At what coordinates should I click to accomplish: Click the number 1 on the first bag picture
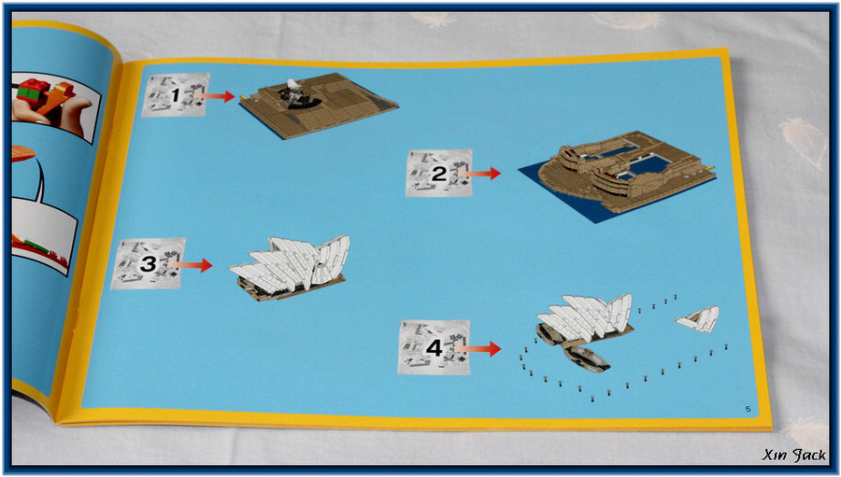click(x=176, y=95)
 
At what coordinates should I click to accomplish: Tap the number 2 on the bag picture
click(x=439, y=174)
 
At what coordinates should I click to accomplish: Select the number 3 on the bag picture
click(x=148, y=263)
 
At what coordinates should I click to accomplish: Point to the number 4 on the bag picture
click(x=434, y=348)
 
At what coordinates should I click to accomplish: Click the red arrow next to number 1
click(x=214, y=96)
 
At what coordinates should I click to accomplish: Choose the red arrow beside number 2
click(x=479, y=174)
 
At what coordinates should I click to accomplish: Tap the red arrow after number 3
click(x=191, y=265)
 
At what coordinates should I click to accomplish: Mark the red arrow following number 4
click(x=478, y=349)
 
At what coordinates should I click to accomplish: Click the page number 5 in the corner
click(x=748, y=410)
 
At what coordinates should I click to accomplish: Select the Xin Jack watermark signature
click(x=793, y=456)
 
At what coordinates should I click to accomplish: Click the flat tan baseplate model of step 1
click(x=319, y=105)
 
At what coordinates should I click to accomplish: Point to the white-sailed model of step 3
click(x=290, y=267)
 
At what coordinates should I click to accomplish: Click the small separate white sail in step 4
click(x=697, y=319)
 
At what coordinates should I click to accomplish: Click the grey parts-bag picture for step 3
click(x=148, y=263)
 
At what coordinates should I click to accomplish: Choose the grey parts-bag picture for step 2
click(x=439, y=173)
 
